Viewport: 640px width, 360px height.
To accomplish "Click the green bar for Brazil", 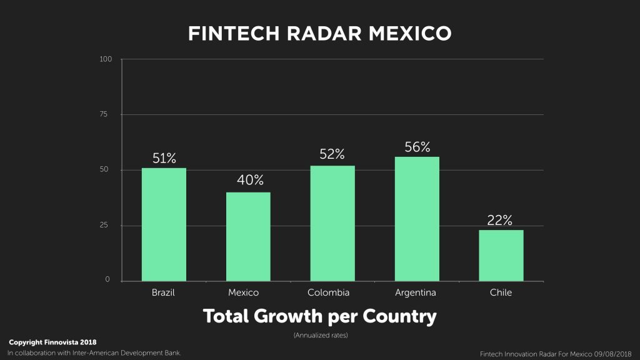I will [164, 224].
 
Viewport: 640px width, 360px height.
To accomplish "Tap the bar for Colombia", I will [332, 223].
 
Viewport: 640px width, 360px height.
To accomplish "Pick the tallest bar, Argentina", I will [417, 219].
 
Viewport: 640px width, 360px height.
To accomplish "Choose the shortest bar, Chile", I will [501, 256].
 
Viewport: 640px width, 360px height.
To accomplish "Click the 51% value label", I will [164, 158].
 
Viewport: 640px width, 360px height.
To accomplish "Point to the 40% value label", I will [250, 181].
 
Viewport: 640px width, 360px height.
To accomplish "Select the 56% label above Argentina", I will [417, 147].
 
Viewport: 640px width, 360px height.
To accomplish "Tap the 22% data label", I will [500, 220].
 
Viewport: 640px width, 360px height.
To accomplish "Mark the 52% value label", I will [332, 154].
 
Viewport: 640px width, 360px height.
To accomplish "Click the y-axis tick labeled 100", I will [106, 59].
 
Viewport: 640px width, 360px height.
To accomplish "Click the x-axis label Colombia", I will [328, 292].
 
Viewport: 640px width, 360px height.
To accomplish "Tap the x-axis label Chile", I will [501, 292].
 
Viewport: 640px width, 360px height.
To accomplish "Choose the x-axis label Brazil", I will [163, 292].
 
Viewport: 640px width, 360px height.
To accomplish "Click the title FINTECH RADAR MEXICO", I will [319, 34].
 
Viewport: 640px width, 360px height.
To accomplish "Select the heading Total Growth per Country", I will [319, 316].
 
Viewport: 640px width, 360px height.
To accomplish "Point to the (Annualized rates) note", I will [320, 336].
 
